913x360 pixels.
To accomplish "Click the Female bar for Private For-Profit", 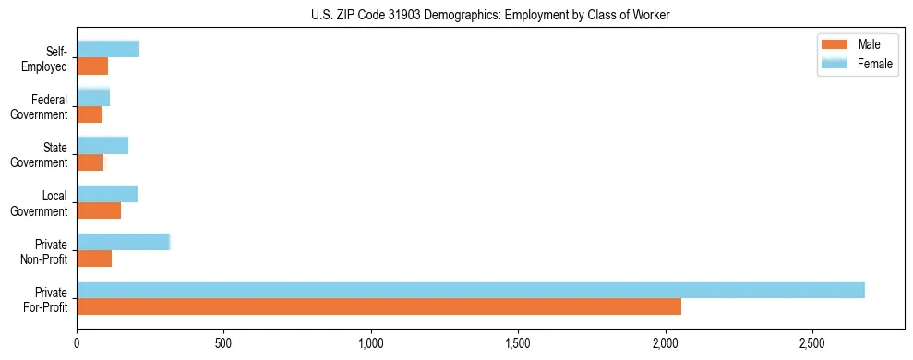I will point(471,290).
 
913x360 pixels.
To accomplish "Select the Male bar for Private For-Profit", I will point(378,306).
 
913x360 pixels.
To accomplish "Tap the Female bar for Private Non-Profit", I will point(123,242).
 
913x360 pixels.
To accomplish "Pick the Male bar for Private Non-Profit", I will point(94,258).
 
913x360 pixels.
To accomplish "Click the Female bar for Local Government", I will point(107,194).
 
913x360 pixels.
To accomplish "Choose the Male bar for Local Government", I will point(99,210).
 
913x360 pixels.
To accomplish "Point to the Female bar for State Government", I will point(102,145).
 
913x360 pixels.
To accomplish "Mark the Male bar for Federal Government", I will point(90,114).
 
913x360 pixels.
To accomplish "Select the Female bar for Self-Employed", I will point(108,49).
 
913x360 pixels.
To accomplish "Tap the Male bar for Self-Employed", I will point(92,66).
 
